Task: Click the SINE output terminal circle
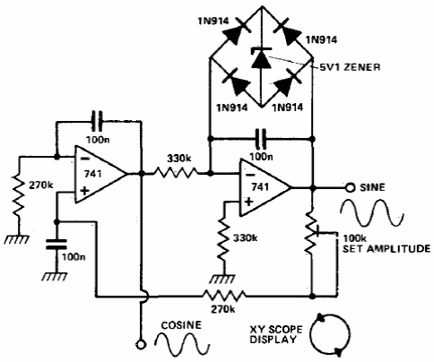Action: pos(350,188)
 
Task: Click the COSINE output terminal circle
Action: pos(141,344)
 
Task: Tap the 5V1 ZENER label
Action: pos(350,67)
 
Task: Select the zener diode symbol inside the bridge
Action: pos(262,57)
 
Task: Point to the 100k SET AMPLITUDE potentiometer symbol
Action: pos(311,232)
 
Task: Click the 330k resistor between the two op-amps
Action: pos(176,173)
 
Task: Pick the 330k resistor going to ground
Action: pos(224,239)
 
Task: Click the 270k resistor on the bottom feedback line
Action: pos(224,296)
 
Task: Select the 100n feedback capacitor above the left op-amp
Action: pos(97,121)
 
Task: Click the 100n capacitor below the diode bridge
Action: pos(261,139)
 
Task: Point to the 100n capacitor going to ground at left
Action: pos(56,244)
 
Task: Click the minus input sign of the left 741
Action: pos(85,159)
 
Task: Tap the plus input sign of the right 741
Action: pos(248,202)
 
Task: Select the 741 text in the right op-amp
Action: pos(260,187)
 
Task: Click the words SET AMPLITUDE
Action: pos(386,248)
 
